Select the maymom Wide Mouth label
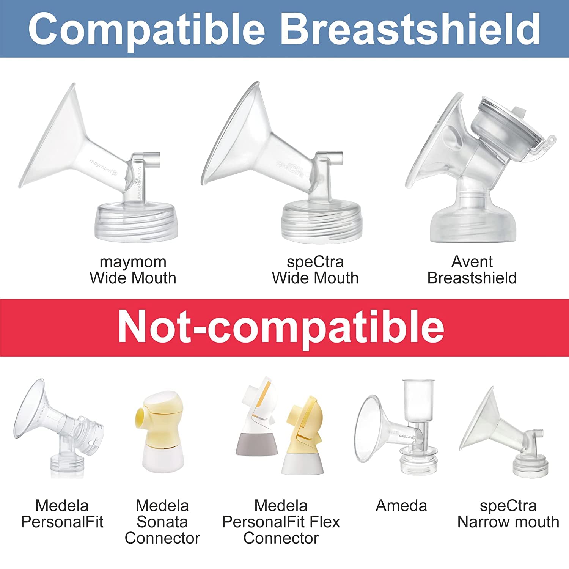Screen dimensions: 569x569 click(133, 270)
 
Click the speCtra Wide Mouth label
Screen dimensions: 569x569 click(315, 270)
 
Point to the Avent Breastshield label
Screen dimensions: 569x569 click(472, 270)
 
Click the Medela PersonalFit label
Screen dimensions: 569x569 click(62, 514)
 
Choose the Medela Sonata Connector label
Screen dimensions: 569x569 click(162, 522)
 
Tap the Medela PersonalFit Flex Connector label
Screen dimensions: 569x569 click(281, 522)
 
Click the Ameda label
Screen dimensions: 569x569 click(401, 506)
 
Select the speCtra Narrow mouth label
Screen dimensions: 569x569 click(508, 514)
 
